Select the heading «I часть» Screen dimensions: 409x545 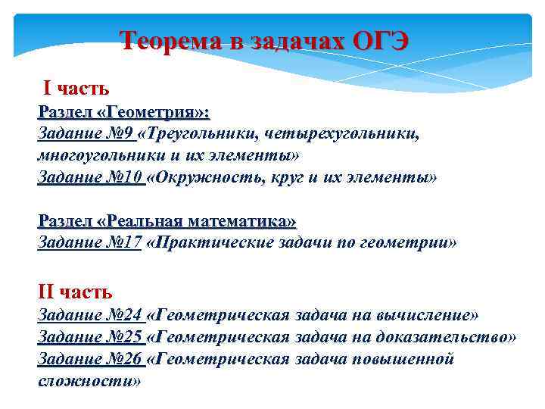(76, 89)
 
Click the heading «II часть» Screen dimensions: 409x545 (75, 291)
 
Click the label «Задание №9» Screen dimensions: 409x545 (86, 134)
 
